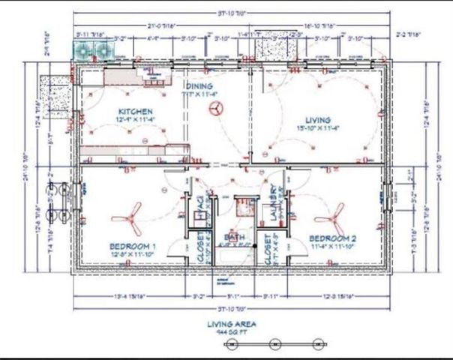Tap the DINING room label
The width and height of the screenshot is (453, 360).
199,86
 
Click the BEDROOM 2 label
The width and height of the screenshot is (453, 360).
334,238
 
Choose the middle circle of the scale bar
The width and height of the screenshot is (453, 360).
275,343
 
